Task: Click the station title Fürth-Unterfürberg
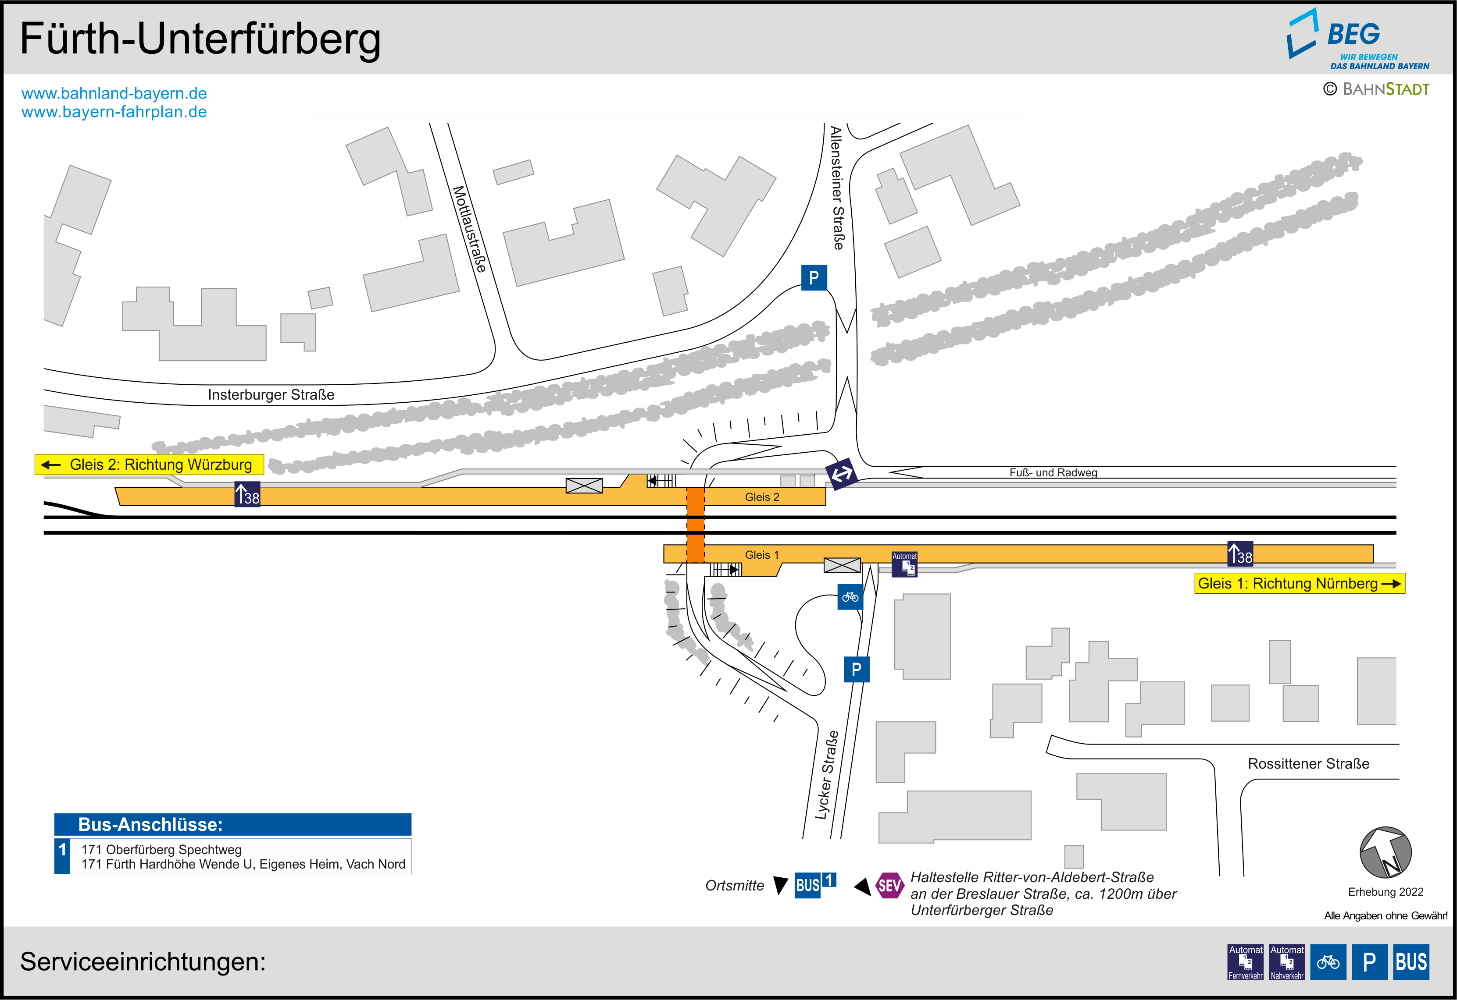click(200, 39)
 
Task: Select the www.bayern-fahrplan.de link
click(114, 112)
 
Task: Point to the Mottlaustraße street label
click(469, 229)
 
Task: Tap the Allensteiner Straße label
click(837, 188)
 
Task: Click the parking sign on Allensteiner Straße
click(814, 277)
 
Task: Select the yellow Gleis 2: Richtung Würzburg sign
click(149, 465)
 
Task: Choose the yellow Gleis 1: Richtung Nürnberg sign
click(1299, 583)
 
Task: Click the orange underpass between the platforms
click(695, 525)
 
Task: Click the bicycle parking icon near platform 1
click(850, 597)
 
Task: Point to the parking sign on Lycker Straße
click(857, 670)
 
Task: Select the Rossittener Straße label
click(1308, 764)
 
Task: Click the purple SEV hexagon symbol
click(889, 885)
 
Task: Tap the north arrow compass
click(1386, 852)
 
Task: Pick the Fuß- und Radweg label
click(1053, 472)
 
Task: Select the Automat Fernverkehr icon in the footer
click(1245, 962)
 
